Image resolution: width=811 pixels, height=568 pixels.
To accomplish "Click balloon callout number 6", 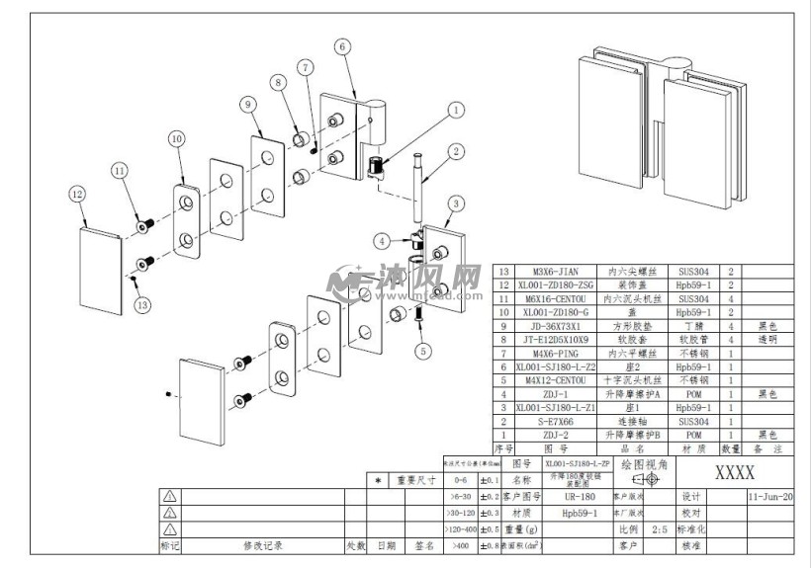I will coord(342,46).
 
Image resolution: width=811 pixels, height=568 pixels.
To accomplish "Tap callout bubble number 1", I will coord(456,112).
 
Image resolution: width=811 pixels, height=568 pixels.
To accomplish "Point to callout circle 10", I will coord(176,139).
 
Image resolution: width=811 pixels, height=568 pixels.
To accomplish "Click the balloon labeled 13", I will coord(142,305).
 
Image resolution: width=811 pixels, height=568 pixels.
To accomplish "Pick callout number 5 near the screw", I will coord(423,350).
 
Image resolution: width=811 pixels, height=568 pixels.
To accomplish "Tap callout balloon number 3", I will coord(456,203).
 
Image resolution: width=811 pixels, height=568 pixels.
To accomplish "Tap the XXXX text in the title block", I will coord(734,472).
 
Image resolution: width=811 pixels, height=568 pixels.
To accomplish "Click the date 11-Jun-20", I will coord(770,497).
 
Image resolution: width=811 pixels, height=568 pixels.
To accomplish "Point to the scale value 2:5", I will coord(660,529).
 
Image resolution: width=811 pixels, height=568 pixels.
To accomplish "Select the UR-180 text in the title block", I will coord(580,497).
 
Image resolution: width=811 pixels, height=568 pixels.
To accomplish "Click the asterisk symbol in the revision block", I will coord(379,481).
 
